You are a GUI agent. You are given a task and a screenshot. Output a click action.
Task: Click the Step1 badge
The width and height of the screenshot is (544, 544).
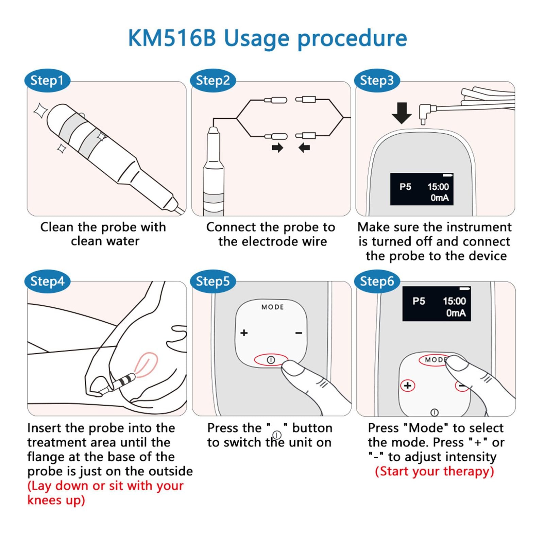click(x=47, y=81)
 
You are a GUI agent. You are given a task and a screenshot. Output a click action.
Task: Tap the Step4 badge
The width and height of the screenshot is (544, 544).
click(x=47, y=282)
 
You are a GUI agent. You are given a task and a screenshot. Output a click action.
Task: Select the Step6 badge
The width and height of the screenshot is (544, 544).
click(x=377, y=282)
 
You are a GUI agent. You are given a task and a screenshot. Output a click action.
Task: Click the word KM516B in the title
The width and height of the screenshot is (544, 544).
click(x=172, y=38)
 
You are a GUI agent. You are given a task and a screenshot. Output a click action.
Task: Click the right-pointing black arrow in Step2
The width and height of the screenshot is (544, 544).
click(x=277, y=148)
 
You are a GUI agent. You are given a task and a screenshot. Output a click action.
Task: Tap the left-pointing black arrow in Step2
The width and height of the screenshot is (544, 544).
click(x=304, y=148)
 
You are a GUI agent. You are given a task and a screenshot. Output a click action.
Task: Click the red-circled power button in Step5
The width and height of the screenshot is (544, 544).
click(x=271, y=360)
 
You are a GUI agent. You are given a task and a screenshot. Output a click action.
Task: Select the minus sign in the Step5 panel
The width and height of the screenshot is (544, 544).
click(x=299, y=333)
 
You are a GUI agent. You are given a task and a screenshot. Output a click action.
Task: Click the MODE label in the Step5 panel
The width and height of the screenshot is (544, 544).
click(x=273, y=307)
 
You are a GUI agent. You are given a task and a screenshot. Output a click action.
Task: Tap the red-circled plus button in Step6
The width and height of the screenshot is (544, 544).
click(x=407, y=386)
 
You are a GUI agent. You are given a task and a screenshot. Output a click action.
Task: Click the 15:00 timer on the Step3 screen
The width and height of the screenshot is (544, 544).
click(x=438, y=187)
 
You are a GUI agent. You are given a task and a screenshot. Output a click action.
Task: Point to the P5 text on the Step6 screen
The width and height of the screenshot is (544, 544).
click(x=419, y=301)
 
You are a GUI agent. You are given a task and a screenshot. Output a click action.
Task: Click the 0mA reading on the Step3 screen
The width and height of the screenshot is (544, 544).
click(x=439, y=198)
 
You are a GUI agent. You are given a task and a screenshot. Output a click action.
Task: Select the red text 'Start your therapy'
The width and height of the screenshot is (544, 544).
click(x=434, y=472)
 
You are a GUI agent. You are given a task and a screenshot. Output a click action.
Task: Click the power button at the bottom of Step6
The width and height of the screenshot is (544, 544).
click(x=435, y=412)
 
